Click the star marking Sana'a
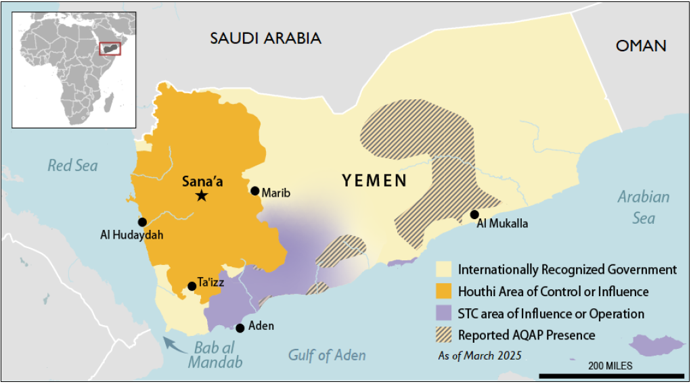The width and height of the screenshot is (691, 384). pyautogui.click(x=201, y=196)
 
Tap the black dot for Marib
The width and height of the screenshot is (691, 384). pyautogui.click(x=255, y=191)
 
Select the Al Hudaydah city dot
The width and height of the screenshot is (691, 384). pyautogui.click(x=142, y=222)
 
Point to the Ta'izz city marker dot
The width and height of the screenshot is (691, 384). pyautogui.click(x=192, y=286)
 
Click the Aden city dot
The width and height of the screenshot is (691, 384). pyautogui.click(x=240, y=328)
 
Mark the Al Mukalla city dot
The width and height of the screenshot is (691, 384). pyautogui.click(x=474, y=215)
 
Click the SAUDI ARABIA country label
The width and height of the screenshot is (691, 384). pyautogui.click(x=265, y=38)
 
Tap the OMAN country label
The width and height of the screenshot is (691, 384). pyautogui.click(x=640, y=46)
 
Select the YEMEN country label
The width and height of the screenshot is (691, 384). pyautogui.click(x=374, y=181)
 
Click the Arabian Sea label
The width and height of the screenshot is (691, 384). pyautogui.click(x=643, y=208)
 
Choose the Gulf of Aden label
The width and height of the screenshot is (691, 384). pyautogui.click(x=327, y=356)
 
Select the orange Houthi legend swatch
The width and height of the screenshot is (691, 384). pyautogui.click(x=445, y=292)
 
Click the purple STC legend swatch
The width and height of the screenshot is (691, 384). pyautogui.click(x=445, y=314)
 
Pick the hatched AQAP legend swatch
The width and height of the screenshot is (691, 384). pyautogui.click(x=445, y=335)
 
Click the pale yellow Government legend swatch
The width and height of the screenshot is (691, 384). pyautogui.click(x=445, y=270)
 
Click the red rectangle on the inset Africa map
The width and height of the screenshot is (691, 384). pyautogui.click(x=110, y=49)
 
